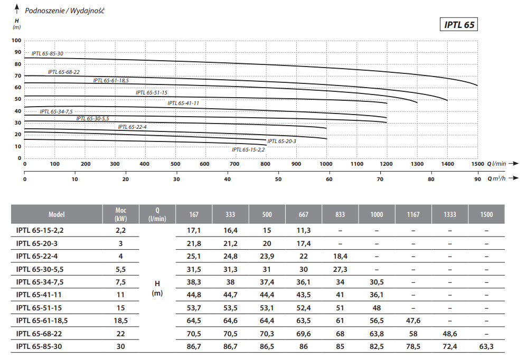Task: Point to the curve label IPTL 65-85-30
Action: (x=48, y=54)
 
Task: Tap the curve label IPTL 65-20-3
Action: (x=281, y=141)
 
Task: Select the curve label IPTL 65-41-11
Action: (x=183, y=103)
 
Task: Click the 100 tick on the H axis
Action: (x=16, y=41)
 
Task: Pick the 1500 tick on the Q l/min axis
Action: (x=477, y=164)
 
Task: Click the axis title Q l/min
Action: (x=496, y=164)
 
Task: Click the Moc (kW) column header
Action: (x=121, y=215)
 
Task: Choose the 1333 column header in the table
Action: (x=449, y=215)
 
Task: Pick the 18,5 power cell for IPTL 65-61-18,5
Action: (x=121, y=320)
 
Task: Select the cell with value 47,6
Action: (x=413, y=320)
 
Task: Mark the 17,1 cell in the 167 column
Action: (x=193, y=231)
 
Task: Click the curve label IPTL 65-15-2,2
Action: (x=248, y=150)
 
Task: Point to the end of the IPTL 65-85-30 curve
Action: (x=477, y=85)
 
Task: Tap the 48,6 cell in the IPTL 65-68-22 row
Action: (x=449, y=334)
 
